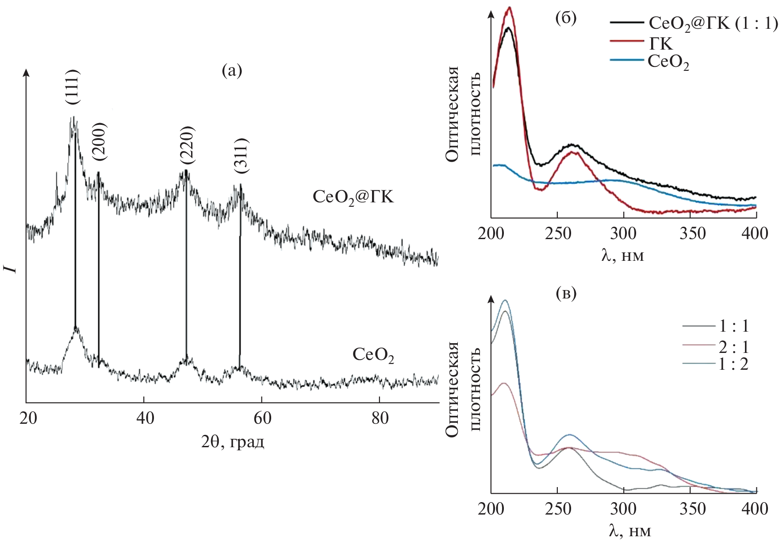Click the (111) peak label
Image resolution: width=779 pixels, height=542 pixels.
(73, 87)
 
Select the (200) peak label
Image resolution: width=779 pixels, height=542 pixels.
(100, 141)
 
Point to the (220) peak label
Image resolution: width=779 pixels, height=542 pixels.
(187, 145)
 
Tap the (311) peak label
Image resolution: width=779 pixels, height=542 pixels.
(242, 155)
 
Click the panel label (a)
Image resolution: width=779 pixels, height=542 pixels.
(232, 70)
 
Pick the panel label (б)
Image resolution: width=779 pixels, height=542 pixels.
(566, 18)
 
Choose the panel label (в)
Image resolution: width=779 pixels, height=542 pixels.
(566, 293)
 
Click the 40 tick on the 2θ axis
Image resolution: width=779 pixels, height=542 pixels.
(145, 418)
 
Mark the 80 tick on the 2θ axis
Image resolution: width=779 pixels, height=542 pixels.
(380, 418)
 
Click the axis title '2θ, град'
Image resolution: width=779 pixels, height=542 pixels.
(233, 441)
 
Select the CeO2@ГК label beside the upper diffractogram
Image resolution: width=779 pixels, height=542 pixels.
(353, 197)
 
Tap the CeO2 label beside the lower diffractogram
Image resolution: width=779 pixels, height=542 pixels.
(373, 355)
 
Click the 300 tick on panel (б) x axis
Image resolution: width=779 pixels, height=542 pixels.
(623, 233)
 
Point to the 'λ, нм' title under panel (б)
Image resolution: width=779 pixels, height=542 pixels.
(623, 255)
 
